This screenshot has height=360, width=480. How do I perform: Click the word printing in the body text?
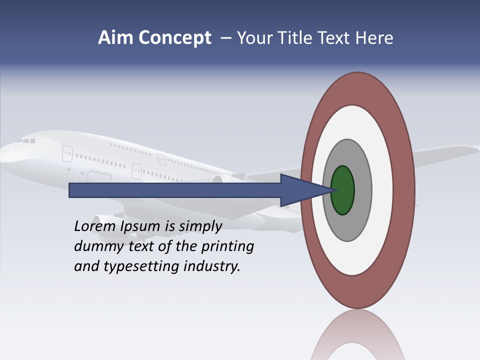pos(227,247)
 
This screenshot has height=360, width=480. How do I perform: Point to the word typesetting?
pos(142,267)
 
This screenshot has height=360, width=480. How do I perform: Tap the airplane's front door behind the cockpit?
pos(67,153)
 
